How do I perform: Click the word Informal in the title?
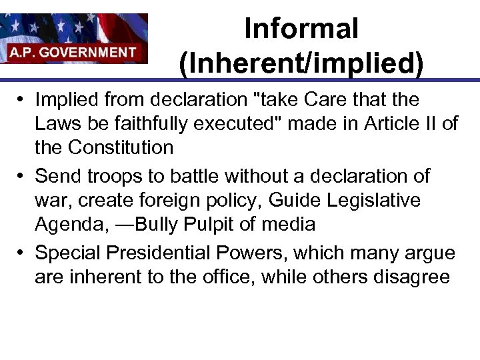tap(301, 29)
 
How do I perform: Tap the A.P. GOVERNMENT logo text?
tap(73, 51)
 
